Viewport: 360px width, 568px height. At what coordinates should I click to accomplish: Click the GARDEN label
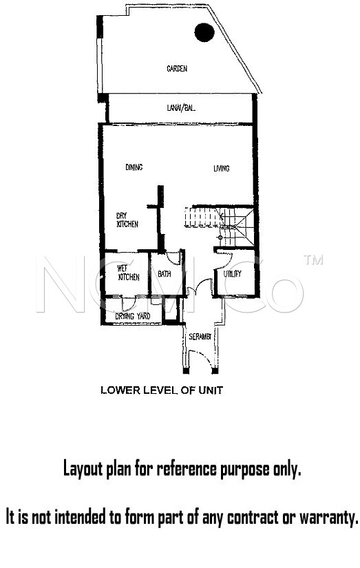click(x=177, y=68)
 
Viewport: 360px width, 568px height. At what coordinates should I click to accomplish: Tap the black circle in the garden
click(x=204, y=32)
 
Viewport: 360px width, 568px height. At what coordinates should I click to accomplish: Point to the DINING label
click(x=134, y=167)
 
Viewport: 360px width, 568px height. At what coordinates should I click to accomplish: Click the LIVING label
click(x=221, y=169)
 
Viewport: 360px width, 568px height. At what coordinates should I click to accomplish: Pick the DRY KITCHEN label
click(x=127, y=220)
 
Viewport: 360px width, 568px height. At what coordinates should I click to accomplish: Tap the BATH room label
click(x=165, y=274)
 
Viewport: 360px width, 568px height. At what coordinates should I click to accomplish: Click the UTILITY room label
click(x=232, y=274)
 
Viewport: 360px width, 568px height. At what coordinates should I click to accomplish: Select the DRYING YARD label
click(x=133, y=316)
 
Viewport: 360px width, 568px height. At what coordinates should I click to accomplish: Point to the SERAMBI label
click(x=200, y=337)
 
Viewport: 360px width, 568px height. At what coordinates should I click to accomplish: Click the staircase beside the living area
click(x=220, y=225)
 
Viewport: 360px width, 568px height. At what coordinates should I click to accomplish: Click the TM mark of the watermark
click(x=313, y=260)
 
